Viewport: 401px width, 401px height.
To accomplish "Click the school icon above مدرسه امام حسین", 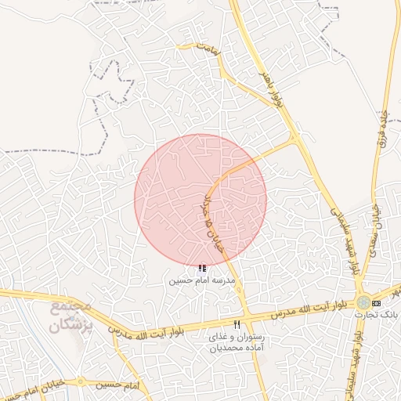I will point(203,269).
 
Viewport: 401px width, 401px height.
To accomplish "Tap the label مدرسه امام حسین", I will point(202,280).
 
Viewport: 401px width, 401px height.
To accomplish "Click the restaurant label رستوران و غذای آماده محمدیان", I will point(237,341).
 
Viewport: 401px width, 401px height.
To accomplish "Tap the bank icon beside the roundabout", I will point(377,302).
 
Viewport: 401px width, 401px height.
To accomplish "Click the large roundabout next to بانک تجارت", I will point(363,302).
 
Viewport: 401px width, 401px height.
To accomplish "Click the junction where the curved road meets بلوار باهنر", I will point(295,138).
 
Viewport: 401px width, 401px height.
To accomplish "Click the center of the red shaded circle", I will point(200,200).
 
